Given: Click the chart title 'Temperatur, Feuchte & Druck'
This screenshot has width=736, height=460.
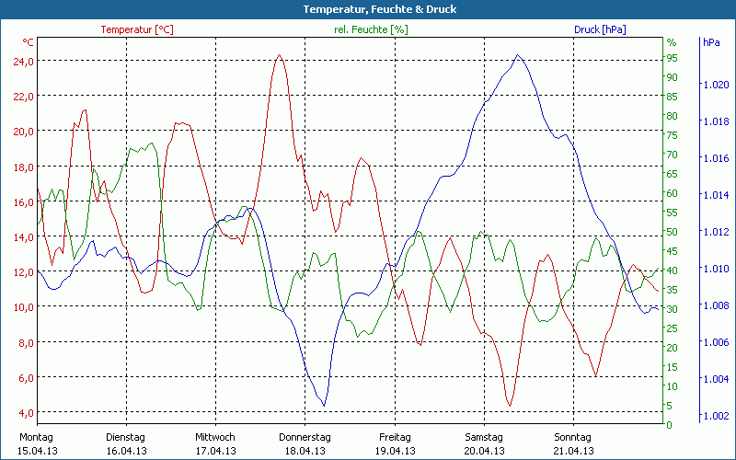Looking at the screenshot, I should [367, 9].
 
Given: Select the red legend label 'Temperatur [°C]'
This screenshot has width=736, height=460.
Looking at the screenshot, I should [137, 29].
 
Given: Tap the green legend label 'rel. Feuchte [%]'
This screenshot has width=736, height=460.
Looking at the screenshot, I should [370, 29].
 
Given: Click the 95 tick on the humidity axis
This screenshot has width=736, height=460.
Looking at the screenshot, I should [672, 58].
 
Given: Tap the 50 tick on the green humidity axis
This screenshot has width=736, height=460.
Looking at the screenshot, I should [672, 232].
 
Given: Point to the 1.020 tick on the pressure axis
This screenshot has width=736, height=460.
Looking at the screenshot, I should [715, 85].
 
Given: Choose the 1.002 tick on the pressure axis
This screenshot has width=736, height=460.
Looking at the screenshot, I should [715, 416].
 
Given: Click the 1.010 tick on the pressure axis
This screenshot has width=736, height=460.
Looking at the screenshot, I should [715, 269].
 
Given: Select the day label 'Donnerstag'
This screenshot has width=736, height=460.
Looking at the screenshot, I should [305, 437].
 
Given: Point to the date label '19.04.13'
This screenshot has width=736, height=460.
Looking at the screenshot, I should [394, 451].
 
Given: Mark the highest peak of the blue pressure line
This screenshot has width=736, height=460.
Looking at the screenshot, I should [518, 55].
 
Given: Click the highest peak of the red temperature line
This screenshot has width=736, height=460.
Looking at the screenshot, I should [279, 55].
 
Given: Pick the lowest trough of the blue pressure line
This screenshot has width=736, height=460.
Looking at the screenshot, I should [323, 405].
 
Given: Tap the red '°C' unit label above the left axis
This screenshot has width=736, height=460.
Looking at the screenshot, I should [29, 42].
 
